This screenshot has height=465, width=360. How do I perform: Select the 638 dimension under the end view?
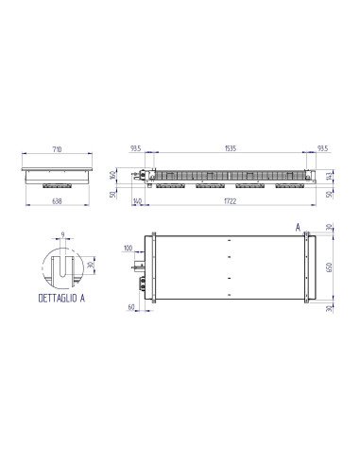tap(59, 200)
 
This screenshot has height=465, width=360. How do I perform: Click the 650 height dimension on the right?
tap(330, 267)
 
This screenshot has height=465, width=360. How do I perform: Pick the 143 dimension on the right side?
tap(329, 176)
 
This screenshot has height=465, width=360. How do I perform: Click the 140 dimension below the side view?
tap(139, 200)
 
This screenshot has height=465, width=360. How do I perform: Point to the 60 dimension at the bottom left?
tap(130, 307)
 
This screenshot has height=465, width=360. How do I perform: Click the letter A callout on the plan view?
tap(299, 228)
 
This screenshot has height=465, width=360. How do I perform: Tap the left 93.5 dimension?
tap(137, 149)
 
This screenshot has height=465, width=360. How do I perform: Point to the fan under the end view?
tap(59, 186)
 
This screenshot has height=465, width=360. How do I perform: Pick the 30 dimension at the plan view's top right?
tap(330, 227)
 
